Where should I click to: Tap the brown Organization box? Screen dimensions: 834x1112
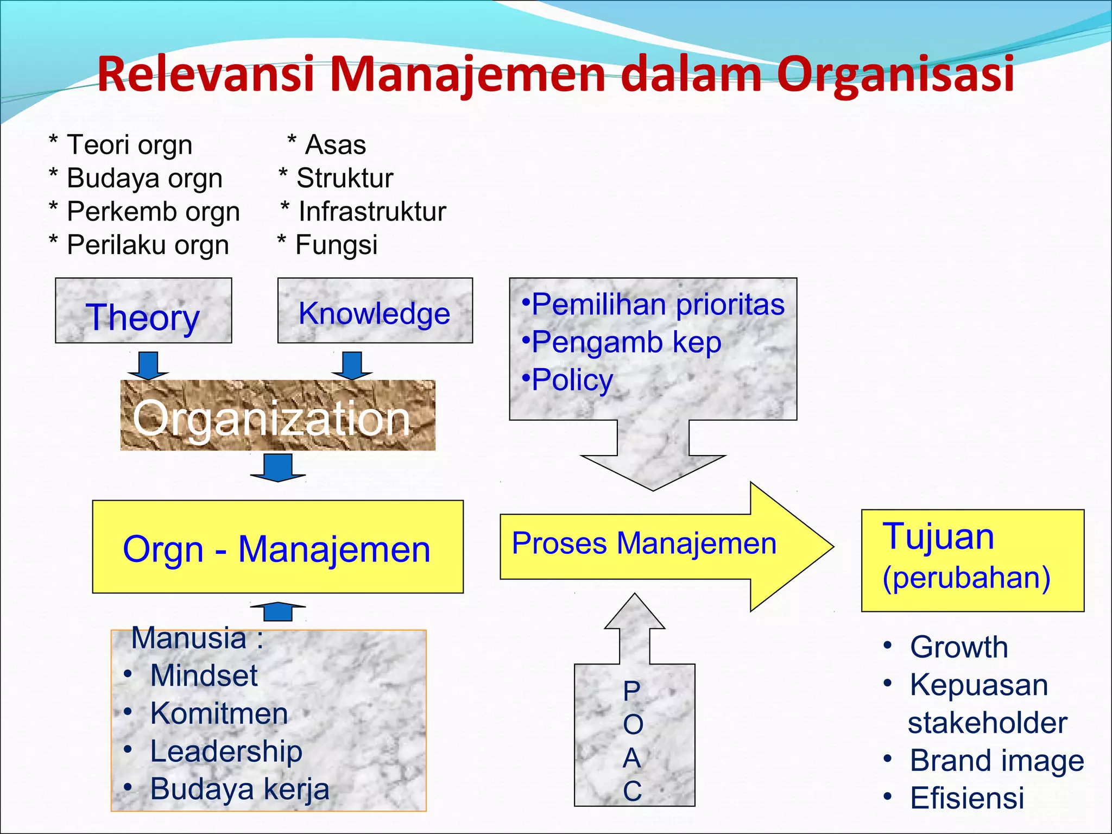pos(277,416)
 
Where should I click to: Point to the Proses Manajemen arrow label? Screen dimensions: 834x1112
pos(644,544)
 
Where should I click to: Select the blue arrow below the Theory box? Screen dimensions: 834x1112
pos(148,365)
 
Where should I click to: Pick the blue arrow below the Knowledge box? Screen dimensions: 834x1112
pos(352,365)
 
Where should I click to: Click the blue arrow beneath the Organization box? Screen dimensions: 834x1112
pos(278,467)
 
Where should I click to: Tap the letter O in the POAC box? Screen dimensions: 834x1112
pos(633,724)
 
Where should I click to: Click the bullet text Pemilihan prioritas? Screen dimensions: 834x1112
pos(658,305)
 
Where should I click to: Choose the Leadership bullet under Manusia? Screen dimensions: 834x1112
pos(226,752)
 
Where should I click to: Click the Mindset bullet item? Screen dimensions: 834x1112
pos(204,676)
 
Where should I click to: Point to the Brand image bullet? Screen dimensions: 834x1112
pos(997,761)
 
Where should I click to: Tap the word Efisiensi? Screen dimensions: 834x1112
pos(967,798)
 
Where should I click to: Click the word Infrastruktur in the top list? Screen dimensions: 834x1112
pos(372,212)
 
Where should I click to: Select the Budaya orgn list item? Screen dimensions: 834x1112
pos(144,179)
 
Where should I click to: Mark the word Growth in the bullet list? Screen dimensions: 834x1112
pos(959,647)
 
